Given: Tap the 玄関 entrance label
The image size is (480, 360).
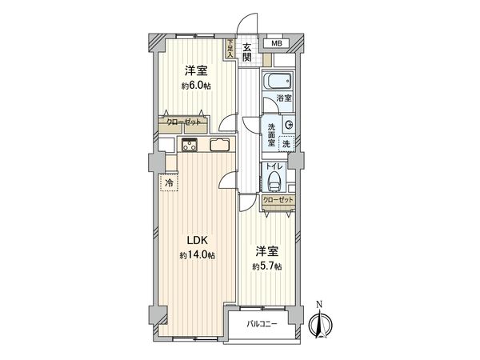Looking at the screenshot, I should (249, 53).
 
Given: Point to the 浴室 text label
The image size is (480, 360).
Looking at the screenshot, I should (284, 98).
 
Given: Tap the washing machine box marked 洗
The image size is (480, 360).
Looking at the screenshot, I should (286, 143).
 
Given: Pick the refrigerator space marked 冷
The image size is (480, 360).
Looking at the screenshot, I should (168, 183).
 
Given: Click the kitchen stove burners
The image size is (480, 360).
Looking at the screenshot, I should (190, 145).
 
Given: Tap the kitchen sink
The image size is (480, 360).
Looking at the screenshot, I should (220, 145).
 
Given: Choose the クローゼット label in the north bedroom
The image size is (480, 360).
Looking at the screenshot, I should (185, 122).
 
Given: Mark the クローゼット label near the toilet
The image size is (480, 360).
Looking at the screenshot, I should (278, 199).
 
